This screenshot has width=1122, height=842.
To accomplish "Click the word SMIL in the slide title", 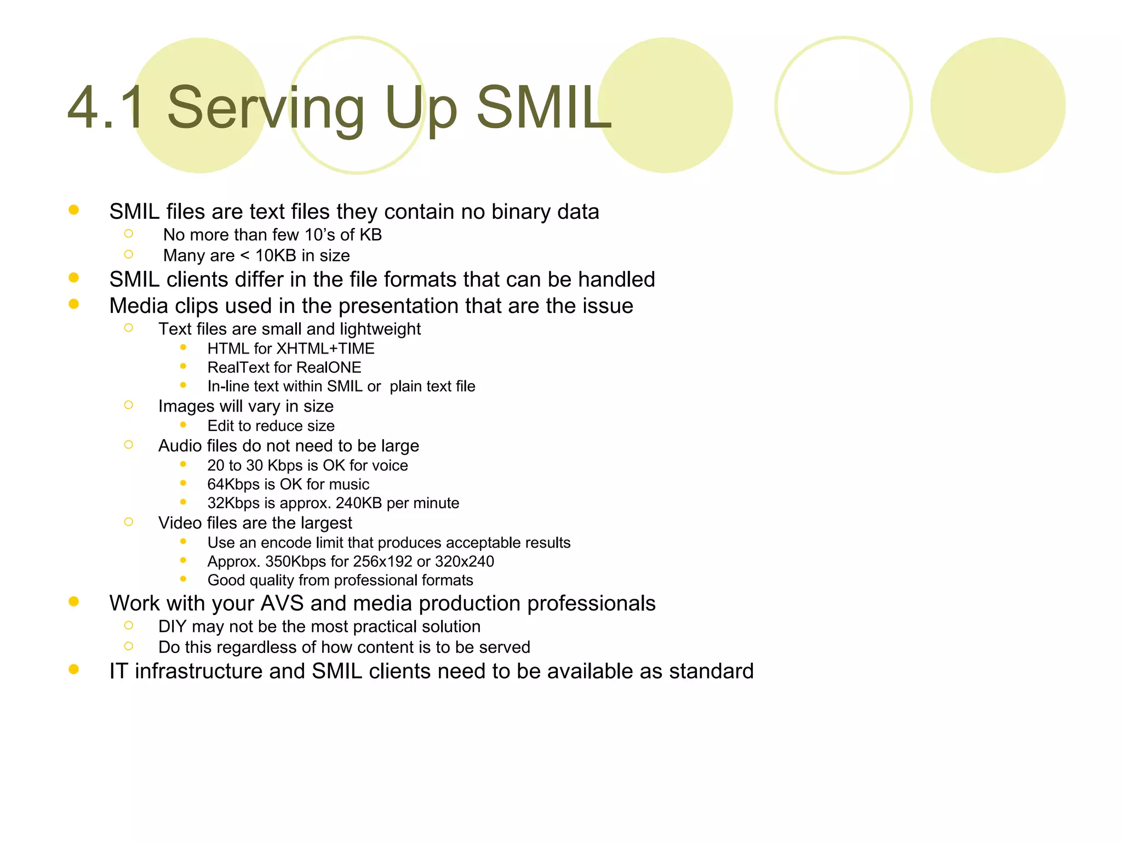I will (543, 108).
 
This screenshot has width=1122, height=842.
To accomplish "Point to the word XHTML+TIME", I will (325, 349).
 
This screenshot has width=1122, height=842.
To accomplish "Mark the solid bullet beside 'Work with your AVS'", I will (74, 602).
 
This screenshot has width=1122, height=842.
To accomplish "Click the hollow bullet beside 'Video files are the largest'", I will (129, 522).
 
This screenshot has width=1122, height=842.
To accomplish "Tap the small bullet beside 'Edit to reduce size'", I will (183, 425).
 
